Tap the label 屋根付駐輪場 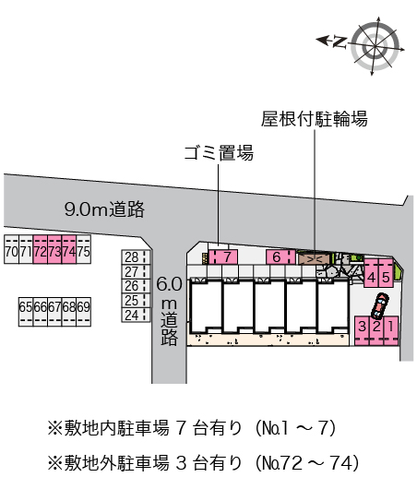(x=315, y=118)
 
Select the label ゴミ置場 (x=219, y=152)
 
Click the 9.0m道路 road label (x=104, y=209)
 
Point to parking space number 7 (x=227, y=256)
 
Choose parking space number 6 (x=276, y=256)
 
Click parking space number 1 (x=391, y=327)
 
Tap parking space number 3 (x=363, y=327)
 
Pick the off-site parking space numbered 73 (x=54, y=252)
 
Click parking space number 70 (x=11, y=252)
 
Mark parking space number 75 (x=83, y=252)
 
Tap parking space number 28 (x=132, y=257)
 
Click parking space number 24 (x=132, y=315)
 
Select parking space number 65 (x=25, y=306)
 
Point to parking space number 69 (x=83, y=306)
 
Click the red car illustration (x=380, y=304)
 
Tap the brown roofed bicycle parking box (x=315, y=258)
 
